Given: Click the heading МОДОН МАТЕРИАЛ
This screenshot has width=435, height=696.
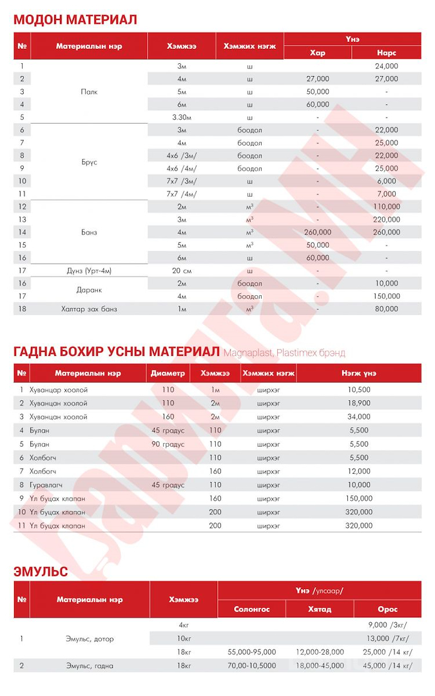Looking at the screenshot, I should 75,19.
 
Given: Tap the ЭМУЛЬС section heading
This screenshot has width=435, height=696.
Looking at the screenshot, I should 41,571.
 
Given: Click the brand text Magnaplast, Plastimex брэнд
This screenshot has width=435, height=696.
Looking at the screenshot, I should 284,353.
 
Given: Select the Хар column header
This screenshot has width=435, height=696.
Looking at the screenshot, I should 318,53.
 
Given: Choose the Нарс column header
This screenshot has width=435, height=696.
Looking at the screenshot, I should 387,53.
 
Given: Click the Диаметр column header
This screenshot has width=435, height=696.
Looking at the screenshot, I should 168,373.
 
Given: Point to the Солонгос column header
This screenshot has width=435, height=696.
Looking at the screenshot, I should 252,609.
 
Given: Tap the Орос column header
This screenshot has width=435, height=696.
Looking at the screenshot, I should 388,609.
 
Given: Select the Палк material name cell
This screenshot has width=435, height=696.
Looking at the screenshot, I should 89,92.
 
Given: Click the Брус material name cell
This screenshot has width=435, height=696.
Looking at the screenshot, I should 89,162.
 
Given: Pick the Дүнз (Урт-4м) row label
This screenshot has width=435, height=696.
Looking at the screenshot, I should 89,271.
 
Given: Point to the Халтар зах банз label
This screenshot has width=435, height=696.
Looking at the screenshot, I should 89,309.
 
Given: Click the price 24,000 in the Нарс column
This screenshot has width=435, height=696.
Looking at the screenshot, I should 387,66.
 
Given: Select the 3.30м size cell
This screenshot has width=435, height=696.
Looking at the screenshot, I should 182,117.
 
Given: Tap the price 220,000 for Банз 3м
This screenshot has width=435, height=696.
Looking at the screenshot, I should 387,220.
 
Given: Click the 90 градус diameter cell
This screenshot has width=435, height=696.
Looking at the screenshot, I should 168,444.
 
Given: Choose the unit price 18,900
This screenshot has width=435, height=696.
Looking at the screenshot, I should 359,403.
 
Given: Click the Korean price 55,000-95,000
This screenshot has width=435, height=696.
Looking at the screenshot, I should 252,652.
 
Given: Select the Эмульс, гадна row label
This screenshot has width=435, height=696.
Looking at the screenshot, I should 89,665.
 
